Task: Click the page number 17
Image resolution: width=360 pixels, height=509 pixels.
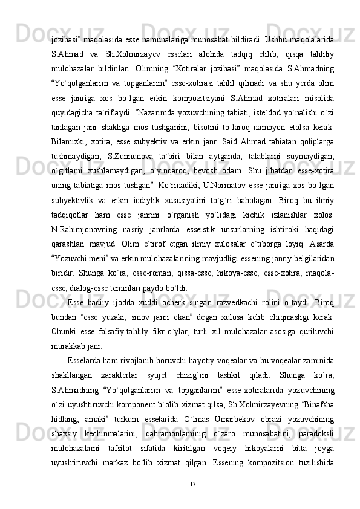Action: [x=192, y=467]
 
